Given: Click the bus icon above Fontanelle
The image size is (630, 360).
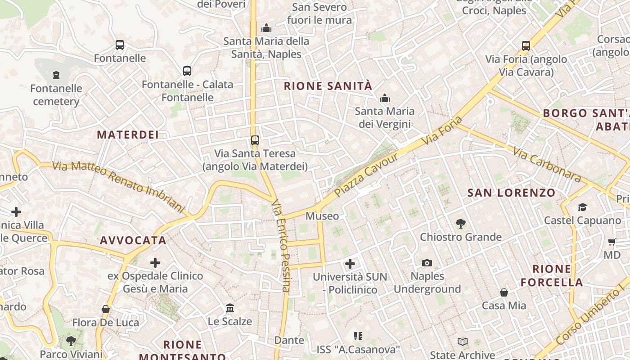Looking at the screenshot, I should (119, 45).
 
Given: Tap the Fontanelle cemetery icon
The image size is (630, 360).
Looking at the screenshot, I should (56, 75).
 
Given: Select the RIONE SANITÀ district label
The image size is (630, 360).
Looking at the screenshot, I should (328, 86).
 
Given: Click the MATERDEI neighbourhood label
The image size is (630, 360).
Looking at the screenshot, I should (128, 135).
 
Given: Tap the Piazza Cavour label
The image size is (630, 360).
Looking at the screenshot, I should (366, 175).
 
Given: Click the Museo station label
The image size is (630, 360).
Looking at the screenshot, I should (322, 216).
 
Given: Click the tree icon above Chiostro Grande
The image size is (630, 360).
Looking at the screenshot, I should (460, 223).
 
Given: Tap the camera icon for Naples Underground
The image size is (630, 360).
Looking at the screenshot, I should (427, 263).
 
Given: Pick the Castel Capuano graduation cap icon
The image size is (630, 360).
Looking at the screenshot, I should (582, 207).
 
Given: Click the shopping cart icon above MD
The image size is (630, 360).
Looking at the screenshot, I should (612, 242).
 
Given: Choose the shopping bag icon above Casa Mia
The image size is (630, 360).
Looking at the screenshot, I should (504, 292).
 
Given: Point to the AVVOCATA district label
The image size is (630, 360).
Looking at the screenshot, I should (133, 240).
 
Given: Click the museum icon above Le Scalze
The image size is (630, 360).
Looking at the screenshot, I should (230, 308).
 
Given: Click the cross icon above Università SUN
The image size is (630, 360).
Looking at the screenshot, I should (350, 264).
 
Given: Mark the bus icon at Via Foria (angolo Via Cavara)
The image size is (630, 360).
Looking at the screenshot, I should (526, 46).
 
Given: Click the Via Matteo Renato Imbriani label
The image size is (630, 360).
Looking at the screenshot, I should (118, 186).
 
